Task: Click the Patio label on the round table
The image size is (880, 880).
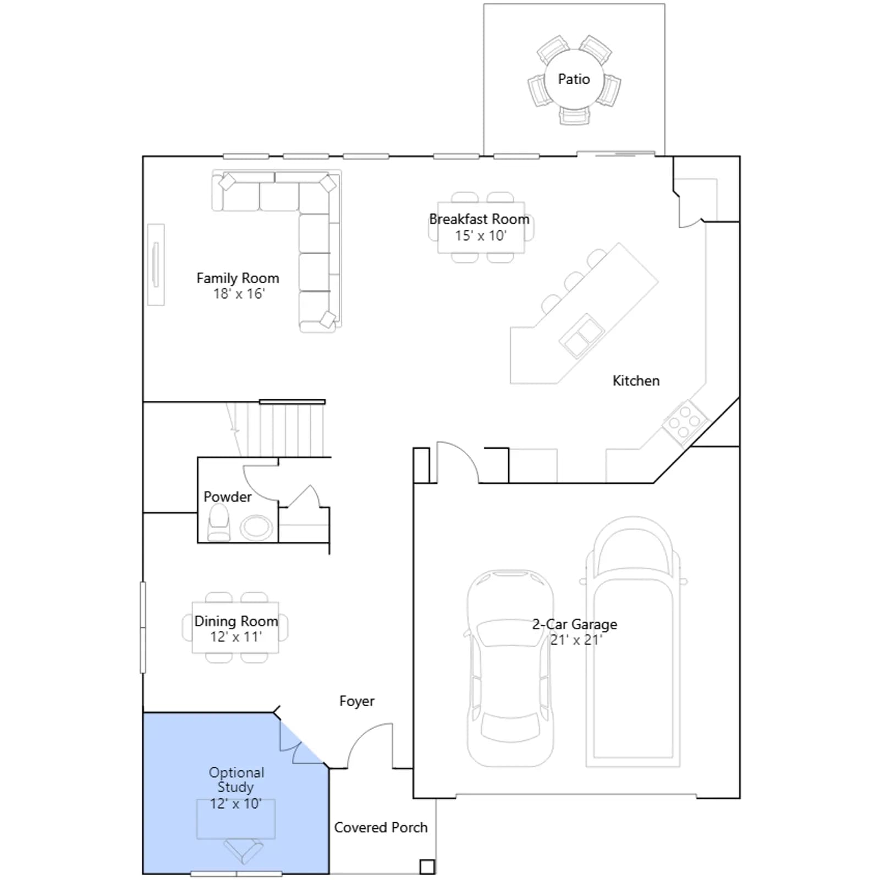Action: pyautogui.click(x=574, y=79)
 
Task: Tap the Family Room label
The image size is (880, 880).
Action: pyautogui.click(x=238, y=278)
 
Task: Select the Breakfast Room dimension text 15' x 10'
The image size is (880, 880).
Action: pyautogui.click(x=480, y=236)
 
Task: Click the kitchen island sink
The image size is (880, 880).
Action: pyautogui.click(x=581, y=335)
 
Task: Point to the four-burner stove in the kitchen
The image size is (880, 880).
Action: pyautogui.click(x=685, y=422)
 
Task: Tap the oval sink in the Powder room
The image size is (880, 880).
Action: pyautogui.click(x=256, y=527)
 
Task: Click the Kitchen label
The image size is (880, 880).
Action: pyautogui.click(x=636, y=381)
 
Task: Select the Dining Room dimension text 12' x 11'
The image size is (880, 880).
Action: pyautogui.click(x=236, y=637)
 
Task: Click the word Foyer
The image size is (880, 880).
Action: pyautogui.click(x=357, y=701)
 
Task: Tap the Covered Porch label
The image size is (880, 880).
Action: pyautogui.click(x=381, y=828)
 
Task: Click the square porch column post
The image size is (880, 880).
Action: pyautogui.click(x=427, y=867)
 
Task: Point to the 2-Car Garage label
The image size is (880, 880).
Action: pyautogui.click(x=574, y=624)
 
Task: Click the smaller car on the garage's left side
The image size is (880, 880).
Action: pyautogui.click(x=510, y=668)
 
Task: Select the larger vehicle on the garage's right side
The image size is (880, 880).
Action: pyautogui.click(x=633, y=642)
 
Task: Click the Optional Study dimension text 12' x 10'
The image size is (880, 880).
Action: pyautogui.click(x=235, y=804)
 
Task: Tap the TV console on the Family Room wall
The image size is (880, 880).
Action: pyautogui.click(x=156, y=265)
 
